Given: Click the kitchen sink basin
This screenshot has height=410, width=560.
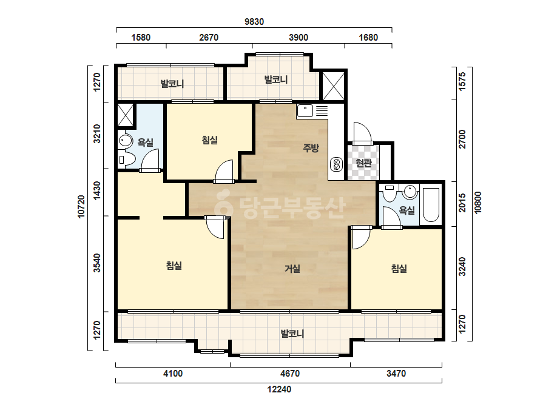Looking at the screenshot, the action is point(305,111).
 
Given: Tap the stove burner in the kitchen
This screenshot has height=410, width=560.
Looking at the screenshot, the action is point(336,164).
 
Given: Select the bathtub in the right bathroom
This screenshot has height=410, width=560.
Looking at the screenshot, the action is point(431,204).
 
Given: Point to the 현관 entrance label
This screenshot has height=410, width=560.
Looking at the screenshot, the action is point(364,163).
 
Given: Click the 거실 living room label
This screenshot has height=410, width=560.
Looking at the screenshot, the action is point(292,269).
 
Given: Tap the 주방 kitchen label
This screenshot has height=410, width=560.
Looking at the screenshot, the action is point(311,147).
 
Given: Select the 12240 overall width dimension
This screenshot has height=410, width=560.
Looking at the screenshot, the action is point(279,389).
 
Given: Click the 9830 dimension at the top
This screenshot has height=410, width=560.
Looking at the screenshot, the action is point(254,22).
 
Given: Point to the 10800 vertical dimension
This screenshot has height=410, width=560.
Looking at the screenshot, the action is point(478,203).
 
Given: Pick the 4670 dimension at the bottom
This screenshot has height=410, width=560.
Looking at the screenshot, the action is point(290,374).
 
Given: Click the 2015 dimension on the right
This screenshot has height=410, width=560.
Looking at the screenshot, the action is point(462,203).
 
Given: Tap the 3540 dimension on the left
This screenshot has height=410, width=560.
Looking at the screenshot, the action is point(97,263).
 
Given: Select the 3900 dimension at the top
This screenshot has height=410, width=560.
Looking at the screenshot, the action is point(299,38).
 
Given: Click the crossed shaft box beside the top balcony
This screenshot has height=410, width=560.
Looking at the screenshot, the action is point(334,86).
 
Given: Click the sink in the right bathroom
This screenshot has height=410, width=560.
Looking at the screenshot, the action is point(410,192).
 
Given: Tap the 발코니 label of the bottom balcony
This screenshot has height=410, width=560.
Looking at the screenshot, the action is point(292,334).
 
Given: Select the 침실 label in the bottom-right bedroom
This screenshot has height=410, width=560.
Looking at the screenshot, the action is point(399,269).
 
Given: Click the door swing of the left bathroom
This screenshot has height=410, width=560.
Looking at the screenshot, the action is point(150,160).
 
